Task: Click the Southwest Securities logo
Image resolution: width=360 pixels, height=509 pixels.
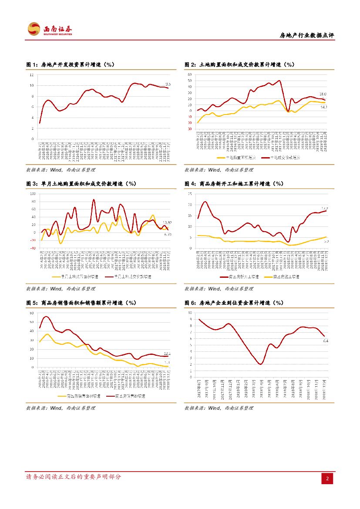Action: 50,30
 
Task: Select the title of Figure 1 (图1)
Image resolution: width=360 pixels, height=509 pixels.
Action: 70,64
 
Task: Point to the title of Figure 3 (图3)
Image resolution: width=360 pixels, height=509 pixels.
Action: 81,184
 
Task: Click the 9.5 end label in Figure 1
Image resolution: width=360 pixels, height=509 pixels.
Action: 168,84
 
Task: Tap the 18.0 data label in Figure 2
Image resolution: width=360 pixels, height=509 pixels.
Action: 323,94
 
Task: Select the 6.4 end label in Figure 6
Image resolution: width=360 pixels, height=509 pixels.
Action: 326,341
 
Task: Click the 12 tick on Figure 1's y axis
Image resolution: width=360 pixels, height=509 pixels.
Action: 31,74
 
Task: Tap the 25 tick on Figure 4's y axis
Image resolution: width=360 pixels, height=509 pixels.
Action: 190,194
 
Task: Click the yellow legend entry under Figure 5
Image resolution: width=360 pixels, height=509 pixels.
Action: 79,396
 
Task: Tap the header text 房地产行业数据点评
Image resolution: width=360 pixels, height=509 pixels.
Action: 306,37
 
